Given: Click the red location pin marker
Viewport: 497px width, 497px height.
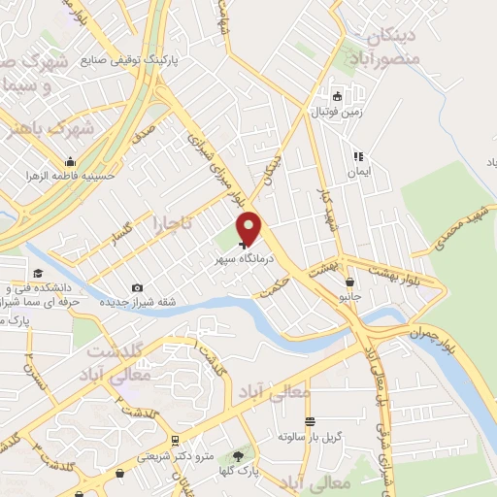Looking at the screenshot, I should pos(250,228).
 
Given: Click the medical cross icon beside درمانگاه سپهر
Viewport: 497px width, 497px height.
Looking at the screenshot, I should pos(242,246).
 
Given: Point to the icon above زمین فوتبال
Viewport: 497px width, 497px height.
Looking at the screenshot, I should pos(337,96).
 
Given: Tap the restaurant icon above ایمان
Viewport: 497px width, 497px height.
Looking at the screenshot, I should pos(358,155).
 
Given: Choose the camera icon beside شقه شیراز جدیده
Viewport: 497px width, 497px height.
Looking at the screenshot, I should pos(137,287).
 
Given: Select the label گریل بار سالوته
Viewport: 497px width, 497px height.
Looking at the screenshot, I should pos(310,437).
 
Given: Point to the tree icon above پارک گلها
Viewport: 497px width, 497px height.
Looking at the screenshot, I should pos(239,455).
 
